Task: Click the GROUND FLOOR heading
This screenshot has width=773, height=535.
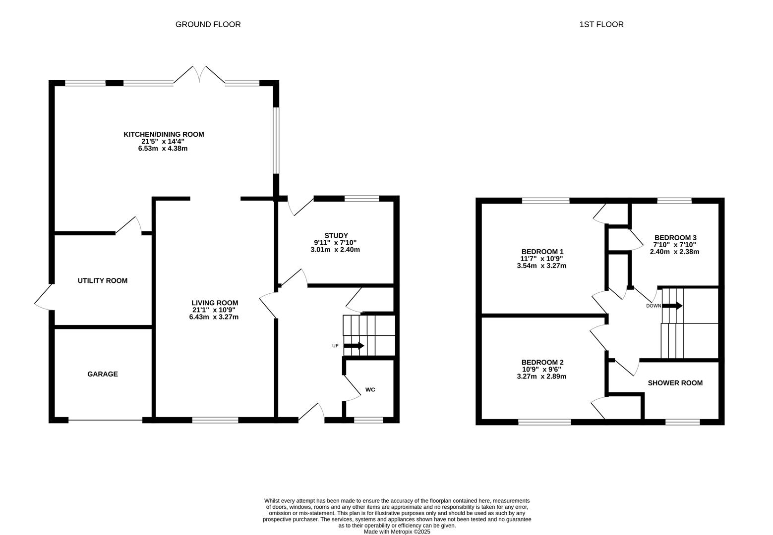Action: (208, 24)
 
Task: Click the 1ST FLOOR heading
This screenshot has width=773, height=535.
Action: (601, 24)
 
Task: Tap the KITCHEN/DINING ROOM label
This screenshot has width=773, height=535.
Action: (164, 134)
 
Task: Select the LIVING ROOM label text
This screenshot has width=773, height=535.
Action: (215, 303)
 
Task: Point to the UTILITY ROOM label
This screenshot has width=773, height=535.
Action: (103, 281)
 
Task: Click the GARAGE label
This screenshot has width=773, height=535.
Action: (103, 374)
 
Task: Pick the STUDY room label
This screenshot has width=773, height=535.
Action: (336, 235)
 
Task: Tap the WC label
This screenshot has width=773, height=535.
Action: (370, 390)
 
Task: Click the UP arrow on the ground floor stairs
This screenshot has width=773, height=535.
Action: (354, 346)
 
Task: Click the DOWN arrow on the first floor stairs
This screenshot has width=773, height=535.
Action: (672, 306)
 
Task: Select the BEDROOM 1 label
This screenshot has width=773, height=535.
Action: (542, 252)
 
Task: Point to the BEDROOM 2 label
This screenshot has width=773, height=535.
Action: (542, 363)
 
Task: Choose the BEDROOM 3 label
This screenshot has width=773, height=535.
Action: (675, 237)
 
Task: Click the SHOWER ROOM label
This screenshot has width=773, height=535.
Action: (675, 383)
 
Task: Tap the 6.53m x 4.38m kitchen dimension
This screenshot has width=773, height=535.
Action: (163, 149)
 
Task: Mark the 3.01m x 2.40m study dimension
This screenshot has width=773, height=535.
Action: (335, 250)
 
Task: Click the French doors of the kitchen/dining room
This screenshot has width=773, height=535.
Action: (199, 74)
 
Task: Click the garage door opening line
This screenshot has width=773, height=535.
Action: (105, 421)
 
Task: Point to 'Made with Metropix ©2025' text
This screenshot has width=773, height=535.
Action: (397, 532)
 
